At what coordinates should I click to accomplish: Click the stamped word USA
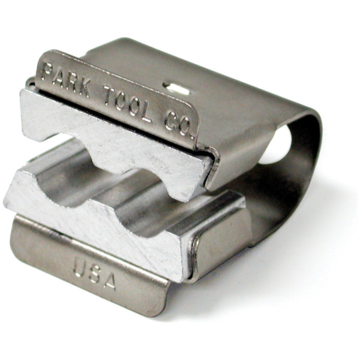[94, 272]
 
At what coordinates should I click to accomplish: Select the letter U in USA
[79, 266]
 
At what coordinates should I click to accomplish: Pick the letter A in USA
[109, 280]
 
